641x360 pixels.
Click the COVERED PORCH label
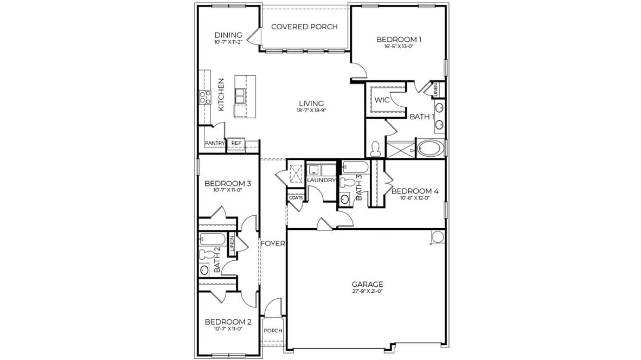tap(304, 27)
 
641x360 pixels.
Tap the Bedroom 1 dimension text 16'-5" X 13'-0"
tap(399, 47)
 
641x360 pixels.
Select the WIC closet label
tap(382, 100)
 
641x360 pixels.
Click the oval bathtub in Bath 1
tap(430, 148)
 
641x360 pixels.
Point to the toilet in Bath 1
tap(375, 149)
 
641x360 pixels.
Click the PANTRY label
tap(215, 144)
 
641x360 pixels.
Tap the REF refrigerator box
tap(236, 144)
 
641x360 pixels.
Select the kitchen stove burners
tap(204, 98)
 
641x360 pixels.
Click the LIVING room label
tap(311, 103)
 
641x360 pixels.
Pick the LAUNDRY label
tap(322, 180)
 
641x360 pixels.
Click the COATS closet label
tap(296, 198)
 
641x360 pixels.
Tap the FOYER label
tap(273, 243)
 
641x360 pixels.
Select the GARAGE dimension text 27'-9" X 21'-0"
tap(367, 291)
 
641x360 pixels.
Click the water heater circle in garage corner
tap(437, 236)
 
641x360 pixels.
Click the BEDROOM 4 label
tap(414, 191)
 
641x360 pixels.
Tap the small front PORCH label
tap(273, 331)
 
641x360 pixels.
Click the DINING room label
tap(228, 35)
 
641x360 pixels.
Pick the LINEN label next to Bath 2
tap(232, 244)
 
